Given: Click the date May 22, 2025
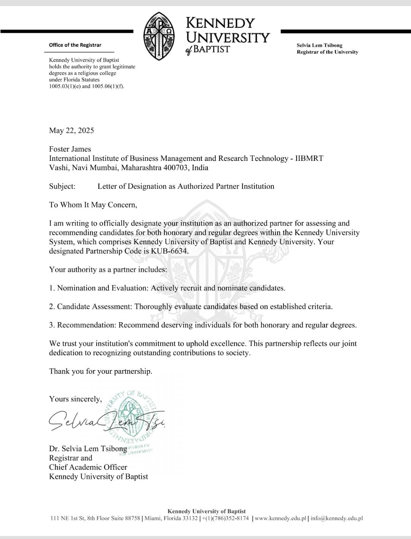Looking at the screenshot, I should point(72,130).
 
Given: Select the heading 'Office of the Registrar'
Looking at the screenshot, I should point(75,45).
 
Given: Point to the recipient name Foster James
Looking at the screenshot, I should point(70,149).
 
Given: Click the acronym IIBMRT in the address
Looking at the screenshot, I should point(309,158).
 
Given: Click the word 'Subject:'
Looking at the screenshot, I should point(62,186).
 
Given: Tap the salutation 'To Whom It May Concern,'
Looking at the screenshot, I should point(93,205).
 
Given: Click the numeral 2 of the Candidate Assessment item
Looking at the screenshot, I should point(51,307).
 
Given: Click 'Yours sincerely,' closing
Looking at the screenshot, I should point(75,399).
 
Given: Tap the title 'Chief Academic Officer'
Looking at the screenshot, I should point(88,467).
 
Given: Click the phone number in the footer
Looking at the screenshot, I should point(225,518).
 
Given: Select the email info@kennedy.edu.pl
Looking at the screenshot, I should point(336,518).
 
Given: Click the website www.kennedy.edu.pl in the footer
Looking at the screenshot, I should point(280,518).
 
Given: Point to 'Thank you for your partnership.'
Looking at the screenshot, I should point(100,371).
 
